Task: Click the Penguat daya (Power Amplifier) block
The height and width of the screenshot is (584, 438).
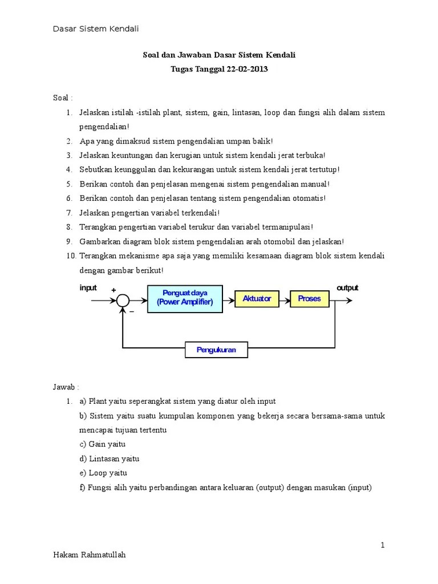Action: coord(185,298)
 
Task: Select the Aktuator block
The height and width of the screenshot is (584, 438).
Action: coord(257,298)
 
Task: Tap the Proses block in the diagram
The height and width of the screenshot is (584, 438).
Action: coord(309,298)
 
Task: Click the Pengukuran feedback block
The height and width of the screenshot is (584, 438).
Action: coord(216,350)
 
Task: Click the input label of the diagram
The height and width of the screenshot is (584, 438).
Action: coord(88,288)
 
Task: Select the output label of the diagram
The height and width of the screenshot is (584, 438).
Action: coord(347,287)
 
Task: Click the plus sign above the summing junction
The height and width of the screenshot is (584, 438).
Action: coord(113,291)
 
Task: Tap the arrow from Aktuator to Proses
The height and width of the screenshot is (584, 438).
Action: coord(284,299)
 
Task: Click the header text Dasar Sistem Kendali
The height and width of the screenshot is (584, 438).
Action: coord(96,29)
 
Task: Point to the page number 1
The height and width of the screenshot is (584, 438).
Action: coord(383,545)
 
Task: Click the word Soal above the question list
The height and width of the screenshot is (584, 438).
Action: coord(61,98)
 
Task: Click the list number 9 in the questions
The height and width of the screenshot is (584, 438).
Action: coord(68,241)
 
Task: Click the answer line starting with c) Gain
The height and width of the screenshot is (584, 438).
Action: coord(103,444)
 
